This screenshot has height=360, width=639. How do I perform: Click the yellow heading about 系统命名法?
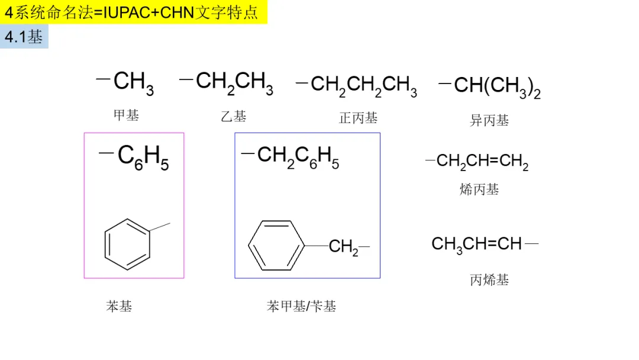pos(134,12)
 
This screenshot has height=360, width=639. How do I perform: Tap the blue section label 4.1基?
pos(24,37)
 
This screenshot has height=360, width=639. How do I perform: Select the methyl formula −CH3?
pos(125,82)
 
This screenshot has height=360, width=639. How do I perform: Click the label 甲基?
pos(126,115)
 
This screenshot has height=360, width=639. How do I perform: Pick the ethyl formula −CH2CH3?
pos(226,82)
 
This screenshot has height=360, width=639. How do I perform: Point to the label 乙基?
pos(234,116)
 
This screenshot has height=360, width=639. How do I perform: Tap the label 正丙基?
pos(358,118)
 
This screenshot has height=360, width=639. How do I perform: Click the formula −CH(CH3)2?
pos(489,87)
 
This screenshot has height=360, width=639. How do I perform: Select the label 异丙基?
pos(489,121)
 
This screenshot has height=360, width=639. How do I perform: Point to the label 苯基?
pos(119,306)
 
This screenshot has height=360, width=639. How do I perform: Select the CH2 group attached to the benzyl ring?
pos(344,247)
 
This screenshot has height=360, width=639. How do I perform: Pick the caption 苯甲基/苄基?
pos(302,306)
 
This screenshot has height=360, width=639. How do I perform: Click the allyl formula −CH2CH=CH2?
pos(477,162)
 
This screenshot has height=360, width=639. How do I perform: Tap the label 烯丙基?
pos(479,189)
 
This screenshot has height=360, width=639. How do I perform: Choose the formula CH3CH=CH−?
pos(485,244)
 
